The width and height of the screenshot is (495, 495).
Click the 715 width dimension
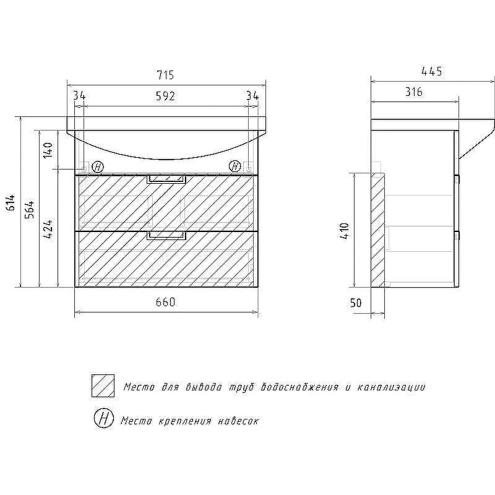click(x=165, y=75)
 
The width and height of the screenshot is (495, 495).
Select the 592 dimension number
click(x=165, y=96)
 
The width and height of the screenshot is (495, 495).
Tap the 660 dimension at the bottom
click(x=165, y=302)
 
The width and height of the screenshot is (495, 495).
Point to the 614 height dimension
click(x=11, y=203)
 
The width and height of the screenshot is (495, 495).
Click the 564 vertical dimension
click(x=30, y=210)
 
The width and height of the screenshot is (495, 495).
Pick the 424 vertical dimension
click(x=48, y=229)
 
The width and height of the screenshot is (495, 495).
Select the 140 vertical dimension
click(x=48, y=150)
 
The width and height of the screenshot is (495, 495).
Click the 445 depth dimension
click(x=431, y=72)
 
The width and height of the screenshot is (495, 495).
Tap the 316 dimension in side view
click(x=414, y=92)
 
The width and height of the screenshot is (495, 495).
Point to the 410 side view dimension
click(x=345, y=231)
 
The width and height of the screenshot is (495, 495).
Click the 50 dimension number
click(x=356, y=303)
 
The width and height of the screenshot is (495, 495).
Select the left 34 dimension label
click(x=79, y=95)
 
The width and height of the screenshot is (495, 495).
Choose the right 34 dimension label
click(x=252, y=95)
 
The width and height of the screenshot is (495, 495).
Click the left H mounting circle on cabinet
click(x=98, y=166)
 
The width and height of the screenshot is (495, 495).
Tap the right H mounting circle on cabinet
click(x=235, y=166)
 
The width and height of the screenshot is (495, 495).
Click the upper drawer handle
click(x=166, y=179)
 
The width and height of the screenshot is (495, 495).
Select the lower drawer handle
click(x=166, y=236)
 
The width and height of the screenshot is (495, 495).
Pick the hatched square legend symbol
click(x=103, y=385)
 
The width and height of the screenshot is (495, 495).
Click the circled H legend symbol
click(x=104, y=419)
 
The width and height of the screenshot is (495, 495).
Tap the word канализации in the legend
click(x=391, y=387)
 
